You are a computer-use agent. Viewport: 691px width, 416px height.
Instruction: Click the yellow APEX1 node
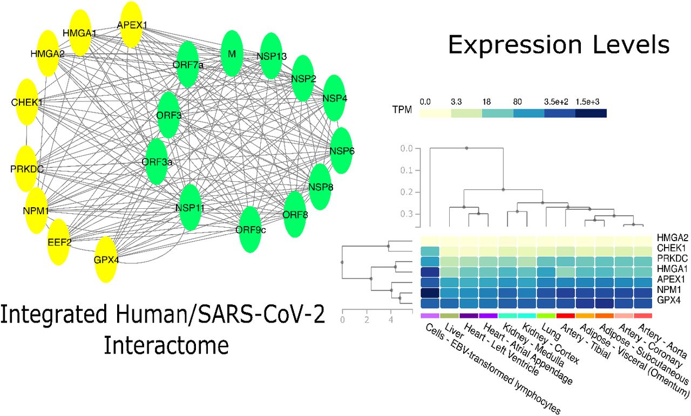click(x=132, y=25)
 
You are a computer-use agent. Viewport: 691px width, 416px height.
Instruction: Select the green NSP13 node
click(x=272, y=56)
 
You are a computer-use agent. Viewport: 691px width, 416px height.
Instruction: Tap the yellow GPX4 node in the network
click(x=106, y=260)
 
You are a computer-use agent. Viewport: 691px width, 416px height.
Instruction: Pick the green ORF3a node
click(x=157, y=161)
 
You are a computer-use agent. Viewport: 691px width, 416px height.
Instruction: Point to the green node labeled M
click(x=232, y=53)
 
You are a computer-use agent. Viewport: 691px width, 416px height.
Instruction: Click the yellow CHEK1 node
click(x=27, y=102)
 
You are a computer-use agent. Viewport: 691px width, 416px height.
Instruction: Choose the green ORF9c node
click(x=250, y=229)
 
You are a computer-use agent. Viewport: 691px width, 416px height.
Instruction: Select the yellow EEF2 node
click(x=59, y=242)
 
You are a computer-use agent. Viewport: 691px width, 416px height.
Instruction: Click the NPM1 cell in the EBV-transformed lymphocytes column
click(x=430, y=292)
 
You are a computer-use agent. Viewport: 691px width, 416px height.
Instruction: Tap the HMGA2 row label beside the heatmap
click(x=673, y=238)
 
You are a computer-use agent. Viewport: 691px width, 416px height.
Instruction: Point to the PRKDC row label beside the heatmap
click(x=673, y=258)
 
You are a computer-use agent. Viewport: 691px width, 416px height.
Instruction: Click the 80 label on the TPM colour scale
click(x=517, y=102)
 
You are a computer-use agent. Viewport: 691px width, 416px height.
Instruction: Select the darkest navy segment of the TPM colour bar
click(x=591, y=113)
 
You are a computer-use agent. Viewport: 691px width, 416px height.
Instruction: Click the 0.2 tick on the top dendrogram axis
click(x=407, y=192)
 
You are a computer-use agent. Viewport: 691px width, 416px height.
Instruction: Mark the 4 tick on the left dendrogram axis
click(x=391, y=320)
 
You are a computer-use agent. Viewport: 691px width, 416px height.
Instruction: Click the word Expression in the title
click(x=515, y=45)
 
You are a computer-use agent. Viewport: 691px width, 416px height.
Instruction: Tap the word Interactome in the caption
click(x=166, y=345)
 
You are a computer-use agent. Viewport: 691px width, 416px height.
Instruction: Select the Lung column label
click(x=551, y=331)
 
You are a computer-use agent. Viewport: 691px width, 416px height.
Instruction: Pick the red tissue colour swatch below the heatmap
click(x=565, y=316)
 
